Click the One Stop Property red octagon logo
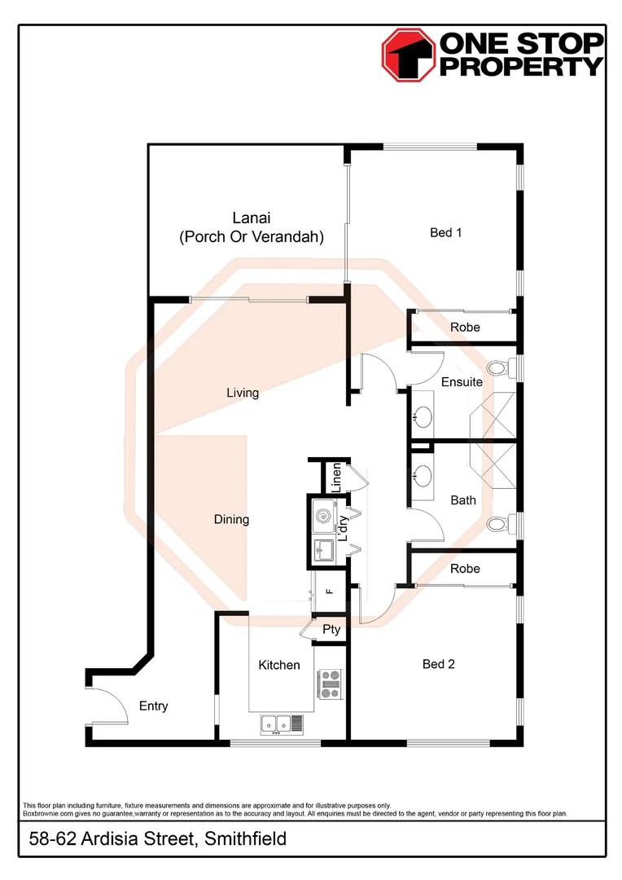[x=410, y=55]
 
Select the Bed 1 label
[x=446, y=233]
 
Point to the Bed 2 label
[x=439, y=664]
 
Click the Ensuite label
[x=462, y=382]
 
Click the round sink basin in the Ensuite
[x=422, y=417]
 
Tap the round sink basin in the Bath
[x=422, y=473]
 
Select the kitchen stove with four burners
[x=331, y=684]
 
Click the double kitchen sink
[x=278, y=722]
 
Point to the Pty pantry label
[x=331, y=630]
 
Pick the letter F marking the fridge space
[x=330, y=592]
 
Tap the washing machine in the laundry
[x=324, y=515]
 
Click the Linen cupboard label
[x=334, y=477]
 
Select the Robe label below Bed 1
[x=465, y=328]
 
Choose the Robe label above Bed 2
[x=465, y=569]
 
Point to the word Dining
[x=231, y=520]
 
